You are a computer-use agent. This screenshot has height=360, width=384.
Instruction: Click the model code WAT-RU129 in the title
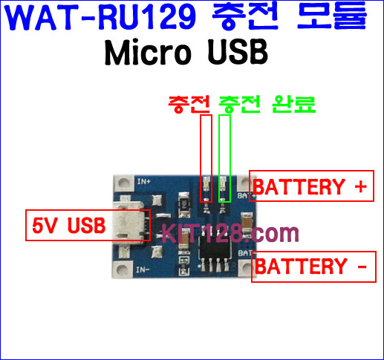[x=101, y=18]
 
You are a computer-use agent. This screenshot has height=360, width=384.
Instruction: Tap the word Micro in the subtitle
[x=148, y=53]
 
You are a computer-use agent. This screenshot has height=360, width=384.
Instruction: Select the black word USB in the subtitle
[x=238, y=53]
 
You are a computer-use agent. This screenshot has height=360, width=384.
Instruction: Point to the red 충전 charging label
[x=189, y=104]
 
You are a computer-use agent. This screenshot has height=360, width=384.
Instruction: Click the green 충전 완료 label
[x=267, y=104]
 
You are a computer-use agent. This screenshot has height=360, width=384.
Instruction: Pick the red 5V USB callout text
[x=69, y=226]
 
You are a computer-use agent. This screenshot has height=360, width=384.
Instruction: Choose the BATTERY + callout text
[x=310, y=186]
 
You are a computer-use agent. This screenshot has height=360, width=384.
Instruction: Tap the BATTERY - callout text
[x=310, y=266]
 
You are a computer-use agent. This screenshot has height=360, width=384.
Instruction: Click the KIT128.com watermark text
[x=230, y=233]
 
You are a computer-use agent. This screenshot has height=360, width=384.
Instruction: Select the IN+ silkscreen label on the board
[x=144, y=181]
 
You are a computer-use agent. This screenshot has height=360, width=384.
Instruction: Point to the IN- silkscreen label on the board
[x=143, y=269]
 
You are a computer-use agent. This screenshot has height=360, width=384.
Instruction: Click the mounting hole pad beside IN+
[x=123, y=183]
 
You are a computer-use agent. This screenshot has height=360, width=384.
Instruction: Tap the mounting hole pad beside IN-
[x=122, y=269]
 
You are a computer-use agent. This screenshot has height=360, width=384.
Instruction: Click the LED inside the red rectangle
[x=206, y=184]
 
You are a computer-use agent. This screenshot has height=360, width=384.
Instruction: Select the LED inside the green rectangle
[x=223, y=184]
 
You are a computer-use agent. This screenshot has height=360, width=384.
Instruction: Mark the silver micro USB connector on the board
[x=131, y=224]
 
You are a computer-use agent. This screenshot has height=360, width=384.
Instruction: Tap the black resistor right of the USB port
[x=184, y=204]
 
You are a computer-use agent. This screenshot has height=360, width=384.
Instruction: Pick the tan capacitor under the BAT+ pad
[x=247, y=221]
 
